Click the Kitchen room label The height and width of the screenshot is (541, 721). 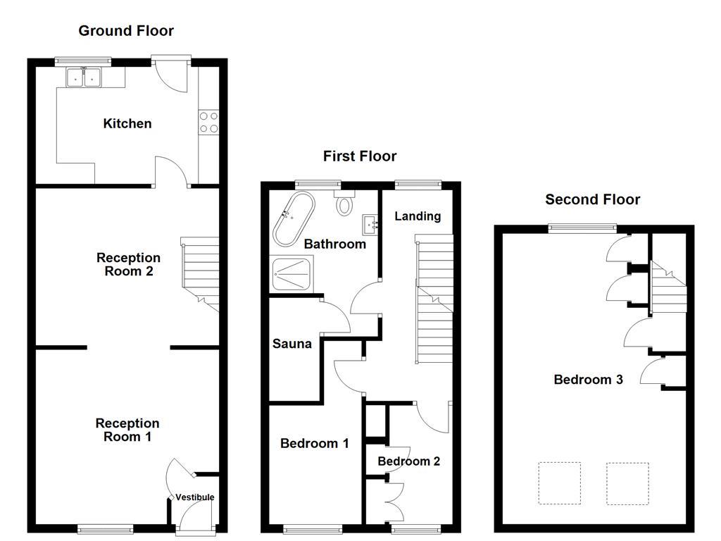127,124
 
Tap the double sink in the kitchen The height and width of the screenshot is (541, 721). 84,77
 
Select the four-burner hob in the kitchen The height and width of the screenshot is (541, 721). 208,123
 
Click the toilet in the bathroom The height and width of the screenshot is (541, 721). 345,204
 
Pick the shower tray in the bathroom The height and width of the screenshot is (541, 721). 290,273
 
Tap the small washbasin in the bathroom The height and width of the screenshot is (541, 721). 370,225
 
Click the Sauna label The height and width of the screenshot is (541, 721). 292,344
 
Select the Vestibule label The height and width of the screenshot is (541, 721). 195,497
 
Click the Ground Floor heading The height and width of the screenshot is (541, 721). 126,30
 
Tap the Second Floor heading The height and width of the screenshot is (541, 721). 593,199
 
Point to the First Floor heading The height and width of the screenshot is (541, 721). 360,156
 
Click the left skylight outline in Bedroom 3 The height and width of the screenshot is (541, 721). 560,483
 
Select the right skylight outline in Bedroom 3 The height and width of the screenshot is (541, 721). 627,483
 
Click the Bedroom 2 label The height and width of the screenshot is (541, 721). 409,461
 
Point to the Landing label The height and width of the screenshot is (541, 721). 418,216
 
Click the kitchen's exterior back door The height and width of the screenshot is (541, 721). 172,73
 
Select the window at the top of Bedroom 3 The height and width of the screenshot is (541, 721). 583,228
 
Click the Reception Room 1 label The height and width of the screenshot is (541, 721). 127,430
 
